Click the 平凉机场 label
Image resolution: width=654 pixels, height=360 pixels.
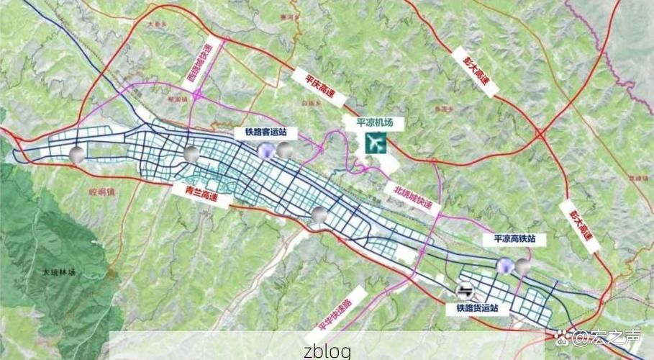pyautogui.click(x=375, y=122)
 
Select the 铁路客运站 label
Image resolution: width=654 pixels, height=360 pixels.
pyautogui.click(x=260, y=132)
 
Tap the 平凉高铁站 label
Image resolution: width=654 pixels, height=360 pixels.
pyautogui.click(x=513, y=240)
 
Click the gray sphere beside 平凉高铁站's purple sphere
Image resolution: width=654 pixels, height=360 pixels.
pyautogui.click(x=523, y=267)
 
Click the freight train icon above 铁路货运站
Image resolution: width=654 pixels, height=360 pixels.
pyautogui.click(x=465, y=290)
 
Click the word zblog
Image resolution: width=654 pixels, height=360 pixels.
pyautogui.click(x=327, y=351)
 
